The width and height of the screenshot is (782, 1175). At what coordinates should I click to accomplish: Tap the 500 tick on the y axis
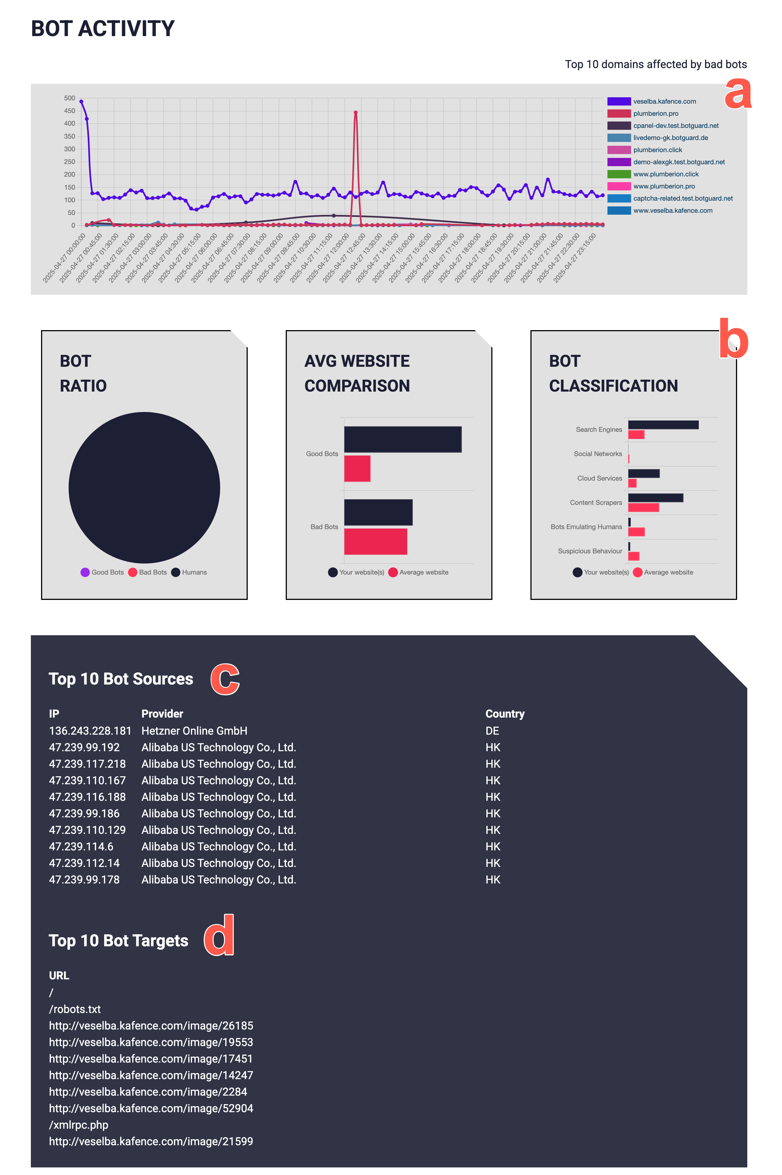click(x=69, y=98)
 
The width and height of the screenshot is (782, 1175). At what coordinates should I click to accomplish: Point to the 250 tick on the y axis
click(x=69, y=161)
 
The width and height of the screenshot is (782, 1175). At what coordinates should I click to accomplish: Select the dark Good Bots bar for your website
click(x=403, y=439)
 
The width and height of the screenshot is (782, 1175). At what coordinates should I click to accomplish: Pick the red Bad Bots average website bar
click(x=376, y=541)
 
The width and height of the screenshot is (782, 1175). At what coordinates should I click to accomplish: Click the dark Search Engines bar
click(x=663, y=425)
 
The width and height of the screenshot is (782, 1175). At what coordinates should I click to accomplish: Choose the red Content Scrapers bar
click(x=643, y=508)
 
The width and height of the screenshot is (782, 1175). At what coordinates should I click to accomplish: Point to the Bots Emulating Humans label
click(x=586, y=527)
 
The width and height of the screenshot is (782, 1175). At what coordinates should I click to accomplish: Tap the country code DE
click(x=492, y=731)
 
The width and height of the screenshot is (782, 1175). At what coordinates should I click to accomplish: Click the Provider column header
click(x=162, y=714)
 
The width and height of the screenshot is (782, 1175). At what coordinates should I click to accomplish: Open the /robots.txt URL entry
click(x=75, y=1009)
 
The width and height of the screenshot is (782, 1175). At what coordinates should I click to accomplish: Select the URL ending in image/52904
click(x=151, y=1108)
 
